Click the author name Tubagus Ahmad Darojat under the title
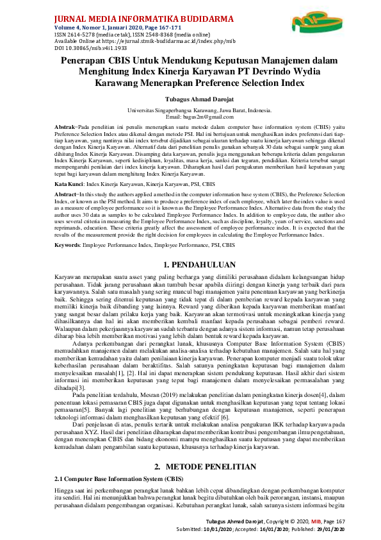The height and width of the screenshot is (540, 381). (190, 99)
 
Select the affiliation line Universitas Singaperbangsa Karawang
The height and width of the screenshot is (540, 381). (190, 111)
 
